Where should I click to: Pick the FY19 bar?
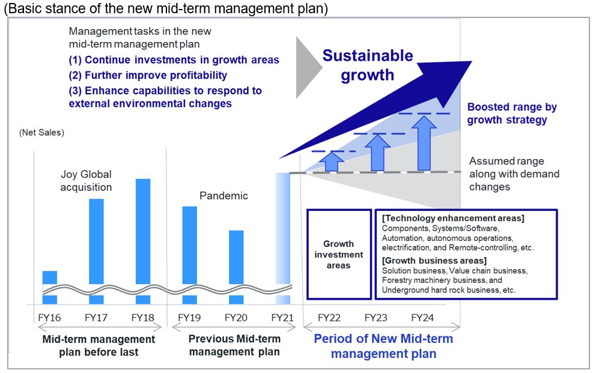click(189, 252)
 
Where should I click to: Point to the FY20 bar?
click(236, 264)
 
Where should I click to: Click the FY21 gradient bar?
click(282, 237)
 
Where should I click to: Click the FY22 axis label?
click(329, 318)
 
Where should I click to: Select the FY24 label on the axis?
click(422, 318)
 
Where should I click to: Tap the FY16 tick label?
click(50, 318)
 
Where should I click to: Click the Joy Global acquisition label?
click(87, 181)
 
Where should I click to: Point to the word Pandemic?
click(224, 196)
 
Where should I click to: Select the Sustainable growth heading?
click(368, 65)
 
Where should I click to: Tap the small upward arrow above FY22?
click(329, 161)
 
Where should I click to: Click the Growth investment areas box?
click(339, 254)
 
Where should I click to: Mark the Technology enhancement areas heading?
click(453, 218)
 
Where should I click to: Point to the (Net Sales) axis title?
click(41, 132)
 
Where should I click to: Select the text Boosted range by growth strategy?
click(512, 114)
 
